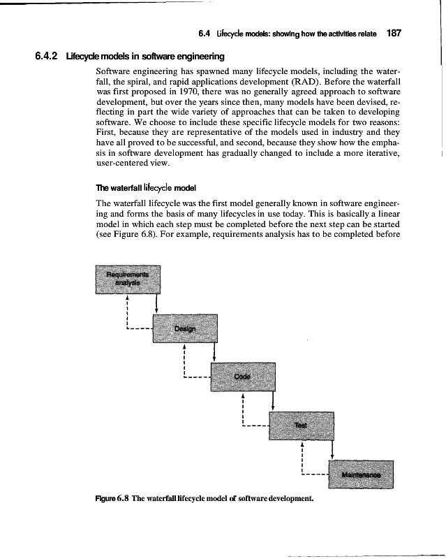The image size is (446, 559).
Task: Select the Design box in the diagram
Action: click(185, 328)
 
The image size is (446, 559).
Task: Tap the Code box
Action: click(242, 377)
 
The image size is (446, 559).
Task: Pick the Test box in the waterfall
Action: click(300, 425)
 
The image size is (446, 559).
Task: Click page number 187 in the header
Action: click(396, 33)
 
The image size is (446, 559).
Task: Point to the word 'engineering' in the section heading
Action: click(200, 55)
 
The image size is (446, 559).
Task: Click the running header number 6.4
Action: click(205, 33)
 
